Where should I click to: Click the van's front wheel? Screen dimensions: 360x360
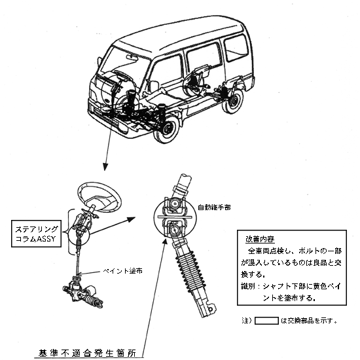tap(166, 129)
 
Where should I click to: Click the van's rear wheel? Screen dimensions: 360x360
tap(233, 101)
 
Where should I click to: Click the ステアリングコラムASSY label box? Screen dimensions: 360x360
tap(36, 234)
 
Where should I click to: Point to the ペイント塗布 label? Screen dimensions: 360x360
tap(122, 271)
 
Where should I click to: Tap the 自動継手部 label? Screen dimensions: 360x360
tap(214, 207)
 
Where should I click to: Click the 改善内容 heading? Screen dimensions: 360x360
tap(260, 239)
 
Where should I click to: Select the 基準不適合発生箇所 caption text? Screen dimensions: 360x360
tap(87, 353)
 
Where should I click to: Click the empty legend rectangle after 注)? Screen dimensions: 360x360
tap(266, 321)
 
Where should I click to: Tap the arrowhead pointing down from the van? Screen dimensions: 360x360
tap(105, 167)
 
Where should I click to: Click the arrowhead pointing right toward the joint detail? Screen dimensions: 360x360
tap(131, 219)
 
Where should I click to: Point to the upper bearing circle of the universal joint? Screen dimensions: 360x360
tap(174, 203)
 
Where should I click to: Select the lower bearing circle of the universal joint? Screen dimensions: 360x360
tap(175, 230)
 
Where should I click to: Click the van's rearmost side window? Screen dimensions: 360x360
tap(236, 48)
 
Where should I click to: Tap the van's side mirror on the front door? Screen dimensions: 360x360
tap(154, 85)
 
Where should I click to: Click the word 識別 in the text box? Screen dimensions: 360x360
tap(247, 286)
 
